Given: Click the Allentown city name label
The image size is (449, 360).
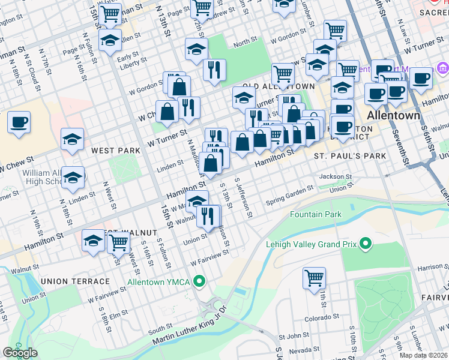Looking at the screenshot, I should pos(393,115).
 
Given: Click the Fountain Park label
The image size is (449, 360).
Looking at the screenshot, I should pos(316,214).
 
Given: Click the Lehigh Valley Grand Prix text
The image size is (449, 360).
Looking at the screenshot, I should pos(312,244).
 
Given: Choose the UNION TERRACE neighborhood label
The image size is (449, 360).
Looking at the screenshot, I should pos(76,281).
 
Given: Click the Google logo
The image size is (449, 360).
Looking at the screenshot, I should pos(20,353).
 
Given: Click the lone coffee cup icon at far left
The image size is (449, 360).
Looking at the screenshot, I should pos(19,122).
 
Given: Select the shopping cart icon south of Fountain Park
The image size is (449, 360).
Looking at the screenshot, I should pos(314,278).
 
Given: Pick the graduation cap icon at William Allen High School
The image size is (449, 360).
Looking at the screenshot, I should pos(73,178).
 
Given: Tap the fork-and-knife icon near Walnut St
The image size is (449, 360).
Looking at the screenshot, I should pos(208,215).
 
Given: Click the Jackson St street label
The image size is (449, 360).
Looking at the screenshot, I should pos(335,176).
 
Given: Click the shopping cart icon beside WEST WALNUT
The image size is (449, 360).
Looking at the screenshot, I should pos(119,242).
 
